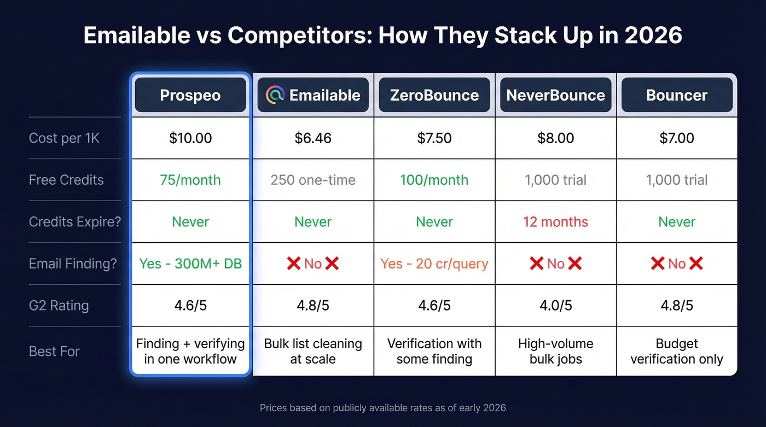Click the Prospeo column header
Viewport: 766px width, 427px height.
(190, 95)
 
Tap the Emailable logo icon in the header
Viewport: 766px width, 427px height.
(275, 95)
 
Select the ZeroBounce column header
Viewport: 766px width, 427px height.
(434, 95)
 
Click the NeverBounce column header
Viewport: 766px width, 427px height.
(555, 95)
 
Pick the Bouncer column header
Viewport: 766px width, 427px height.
(677, 95)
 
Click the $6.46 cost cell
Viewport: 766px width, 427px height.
(313, 138)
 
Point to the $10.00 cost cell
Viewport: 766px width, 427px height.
(190, 138)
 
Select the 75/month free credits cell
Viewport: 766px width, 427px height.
(190, 180)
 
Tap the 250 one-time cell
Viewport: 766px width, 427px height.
(313, 180)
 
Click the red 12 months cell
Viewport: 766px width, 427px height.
(555, 222)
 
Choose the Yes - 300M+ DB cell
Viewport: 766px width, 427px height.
(190, 264)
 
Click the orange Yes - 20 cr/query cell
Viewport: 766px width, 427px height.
(434, 264)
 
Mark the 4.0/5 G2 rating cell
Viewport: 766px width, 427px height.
(555, 305)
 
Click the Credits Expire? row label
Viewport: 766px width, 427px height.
(74, 222)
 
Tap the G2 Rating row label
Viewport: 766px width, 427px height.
(59, 305)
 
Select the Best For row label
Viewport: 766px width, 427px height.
(54, 351)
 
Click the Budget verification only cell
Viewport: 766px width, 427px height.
(677, 351)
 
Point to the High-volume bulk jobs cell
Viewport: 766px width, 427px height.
(555, 351)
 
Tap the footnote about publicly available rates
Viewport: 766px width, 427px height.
(382, 407)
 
